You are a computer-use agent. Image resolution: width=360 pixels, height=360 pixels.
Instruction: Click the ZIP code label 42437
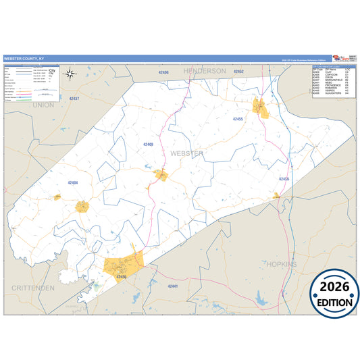pos(74,99)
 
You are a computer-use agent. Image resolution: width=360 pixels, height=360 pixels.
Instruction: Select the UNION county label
pos(43,105)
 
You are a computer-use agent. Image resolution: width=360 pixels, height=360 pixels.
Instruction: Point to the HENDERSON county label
pos(203,70)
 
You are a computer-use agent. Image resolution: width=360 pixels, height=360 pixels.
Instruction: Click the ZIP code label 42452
pos(238,70)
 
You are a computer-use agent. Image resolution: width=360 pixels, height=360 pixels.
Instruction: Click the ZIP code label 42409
pos(149,144)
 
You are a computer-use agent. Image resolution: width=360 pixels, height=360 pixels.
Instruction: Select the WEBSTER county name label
pos(186,153)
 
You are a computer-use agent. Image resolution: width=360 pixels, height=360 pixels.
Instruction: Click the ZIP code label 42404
pos(73,182)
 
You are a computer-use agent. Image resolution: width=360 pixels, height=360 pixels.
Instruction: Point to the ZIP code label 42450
pos(121,276)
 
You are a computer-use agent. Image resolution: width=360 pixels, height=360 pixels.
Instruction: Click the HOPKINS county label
pos(281,264)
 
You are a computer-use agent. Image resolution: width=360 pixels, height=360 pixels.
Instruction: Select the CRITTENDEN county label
pos(32,288)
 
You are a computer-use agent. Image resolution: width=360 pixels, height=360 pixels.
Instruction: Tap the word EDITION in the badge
pos(335,303)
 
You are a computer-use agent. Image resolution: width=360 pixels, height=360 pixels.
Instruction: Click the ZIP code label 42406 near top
pos(163,72)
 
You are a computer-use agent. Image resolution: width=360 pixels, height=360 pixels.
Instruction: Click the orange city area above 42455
pos(260,107)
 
